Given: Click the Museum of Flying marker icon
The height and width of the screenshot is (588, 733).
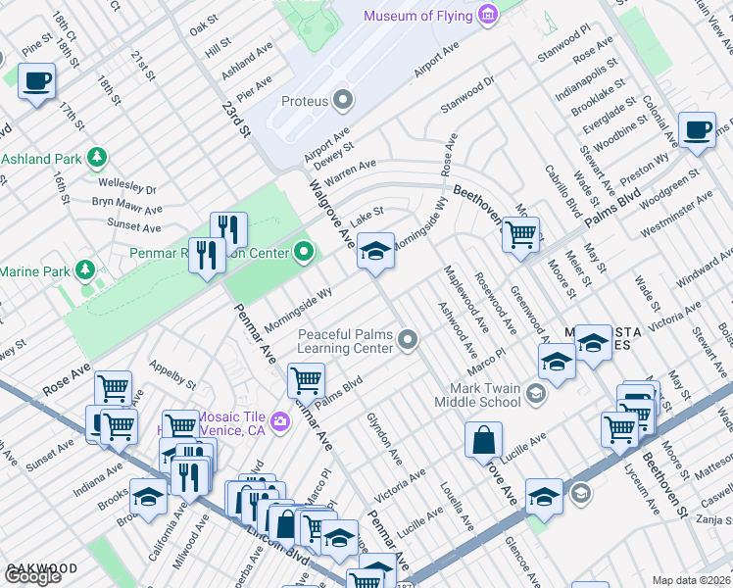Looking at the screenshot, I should click(x=487, y=16).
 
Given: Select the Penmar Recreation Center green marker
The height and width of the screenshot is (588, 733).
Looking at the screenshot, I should click(x=304, y=253).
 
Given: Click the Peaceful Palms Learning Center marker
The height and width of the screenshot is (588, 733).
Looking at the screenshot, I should click(x=409, y=341).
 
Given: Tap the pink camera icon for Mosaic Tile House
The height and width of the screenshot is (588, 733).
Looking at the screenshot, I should click(x=281, y=421).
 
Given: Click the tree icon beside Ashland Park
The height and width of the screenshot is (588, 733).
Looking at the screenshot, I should click(x=96, y=157).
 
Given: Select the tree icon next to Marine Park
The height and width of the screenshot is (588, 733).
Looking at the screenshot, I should click(x=85, y=269).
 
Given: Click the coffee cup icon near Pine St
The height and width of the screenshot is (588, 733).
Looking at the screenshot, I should click(x=36, y=81).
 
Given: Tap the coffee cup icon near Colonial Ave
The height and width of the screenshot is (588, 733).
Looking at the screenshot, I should click(x=697, y=130).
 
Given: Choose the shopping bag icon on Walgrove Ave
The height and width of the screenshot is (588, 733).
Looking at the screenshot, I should click(x=485, y=440).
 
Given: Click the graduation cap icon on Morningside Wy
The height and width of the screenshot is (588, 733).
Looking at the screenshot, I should click(x=375, y=251).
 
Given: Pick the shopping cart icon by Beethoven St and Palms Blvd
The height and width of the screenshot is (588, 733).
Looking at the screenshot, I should click(x=519, y=234).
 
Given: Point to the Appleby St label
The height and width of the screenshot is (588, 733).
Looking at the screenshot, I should click(x=172, y=372).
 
